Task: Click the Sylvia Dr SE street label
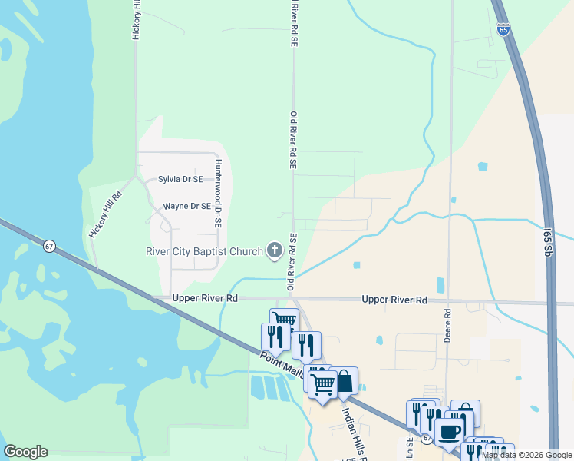(180, 179)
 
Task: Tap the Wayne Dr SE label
(186, 206)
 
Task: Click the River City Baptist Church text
(204, 250)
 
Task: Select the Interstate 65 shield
(503, 29)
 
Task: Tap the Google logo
(25, 452)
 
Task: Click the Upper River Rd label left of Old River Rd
(205, 298)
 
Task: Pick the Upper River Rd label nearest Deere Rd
(394, 300)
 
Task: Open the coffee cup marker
(449, 431)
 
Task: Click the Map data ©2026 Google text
(526, 455)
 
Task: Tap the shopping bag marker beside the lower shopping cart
(345, 380)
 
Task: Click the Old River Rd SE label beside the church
(292, 262)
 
